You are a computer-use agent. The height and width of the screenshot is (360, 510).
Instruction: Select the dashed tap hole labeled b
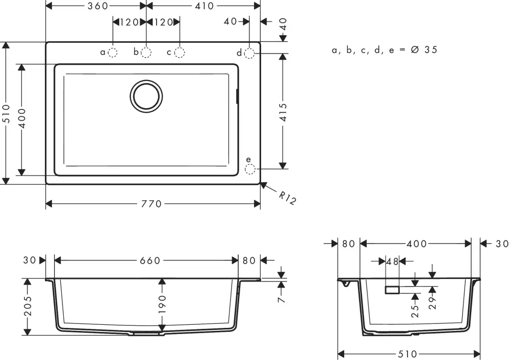pos(146,52)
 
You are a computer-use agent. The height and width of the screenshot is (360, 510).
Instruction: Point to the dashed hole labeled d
pos(249,53)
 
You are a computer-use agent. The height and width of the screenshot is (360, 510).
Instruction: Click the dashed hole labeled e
pos(249,168)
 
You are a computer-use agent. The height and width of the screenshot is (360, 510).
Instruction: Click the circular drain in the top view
pos(146,95)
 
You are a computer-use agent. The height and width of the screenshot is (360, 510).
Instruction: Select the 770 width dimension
pos(151,204)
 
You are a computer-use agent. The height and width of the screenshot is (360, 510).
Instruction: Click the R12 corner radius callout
pos(287,197)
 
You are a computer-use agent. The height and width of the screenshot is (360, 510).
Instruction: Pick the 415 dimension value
pos(284,112)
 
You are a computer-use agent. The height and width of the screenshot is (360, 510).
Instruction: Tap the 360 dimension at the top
pos(97,6)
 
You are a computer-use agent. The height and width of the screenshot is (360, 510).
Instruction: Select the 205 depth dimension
pos(28,306)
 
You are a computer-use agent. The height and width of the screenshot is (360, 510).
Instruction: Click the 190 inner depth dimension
pos(162,304)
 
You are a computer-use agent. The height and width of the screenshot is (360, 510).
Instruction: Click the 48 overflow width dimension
pos(392,261)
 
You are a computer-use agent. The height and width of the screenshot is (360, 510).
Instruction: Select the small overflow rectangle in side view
pos(392,290)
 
